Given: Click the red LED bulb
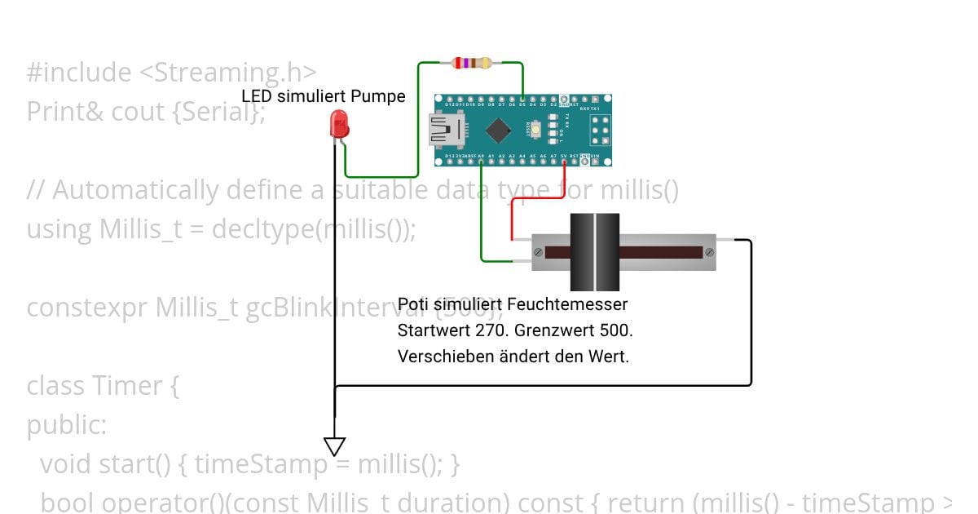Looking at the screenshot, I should [x=337, y=125].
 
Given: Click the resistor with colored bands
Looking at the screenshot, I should [x=471, y=62].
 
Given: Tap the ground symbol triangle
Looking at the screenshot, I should [x=335, y=446].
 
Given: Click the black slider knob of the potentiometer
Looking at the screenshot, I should [x=594, y=252].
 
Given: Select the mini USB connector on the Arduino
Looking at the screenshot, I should [x=445, y=130].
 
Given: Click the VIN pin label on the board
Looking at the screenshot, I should [x=595, y=155].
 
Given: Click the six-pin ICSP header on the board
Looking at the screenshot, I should [x=601, y=130].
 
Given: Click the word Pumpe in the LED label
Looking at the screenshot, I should [x=379, y=96].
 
